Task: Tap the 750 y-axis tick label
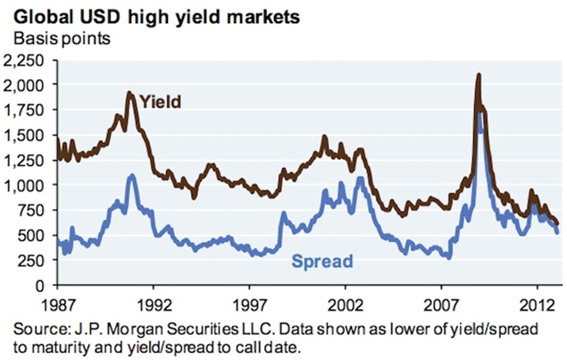click(x=37, y=210)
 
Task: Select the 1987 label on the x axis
click(x=57, y=300)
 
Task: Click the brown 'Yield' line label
click(x=162, y=101)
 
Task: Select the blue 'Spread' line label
click(x=322, y=261)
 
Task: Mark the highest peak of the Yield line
click(x=479, y=75)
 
